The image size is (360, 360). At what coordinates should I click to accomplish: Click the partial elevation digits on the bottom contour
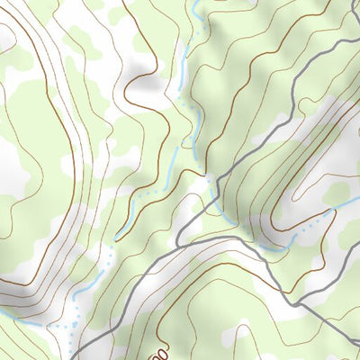tap(158, 347)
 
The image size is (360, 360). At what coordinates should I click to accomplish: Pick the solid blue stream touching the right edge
tap(346, 206)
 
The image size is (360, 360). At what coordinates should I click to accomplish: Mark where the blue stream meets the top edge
tap(195, 3)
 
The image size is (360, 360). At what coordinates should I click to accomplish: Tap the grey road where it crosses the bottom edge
tap(73, 357)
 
